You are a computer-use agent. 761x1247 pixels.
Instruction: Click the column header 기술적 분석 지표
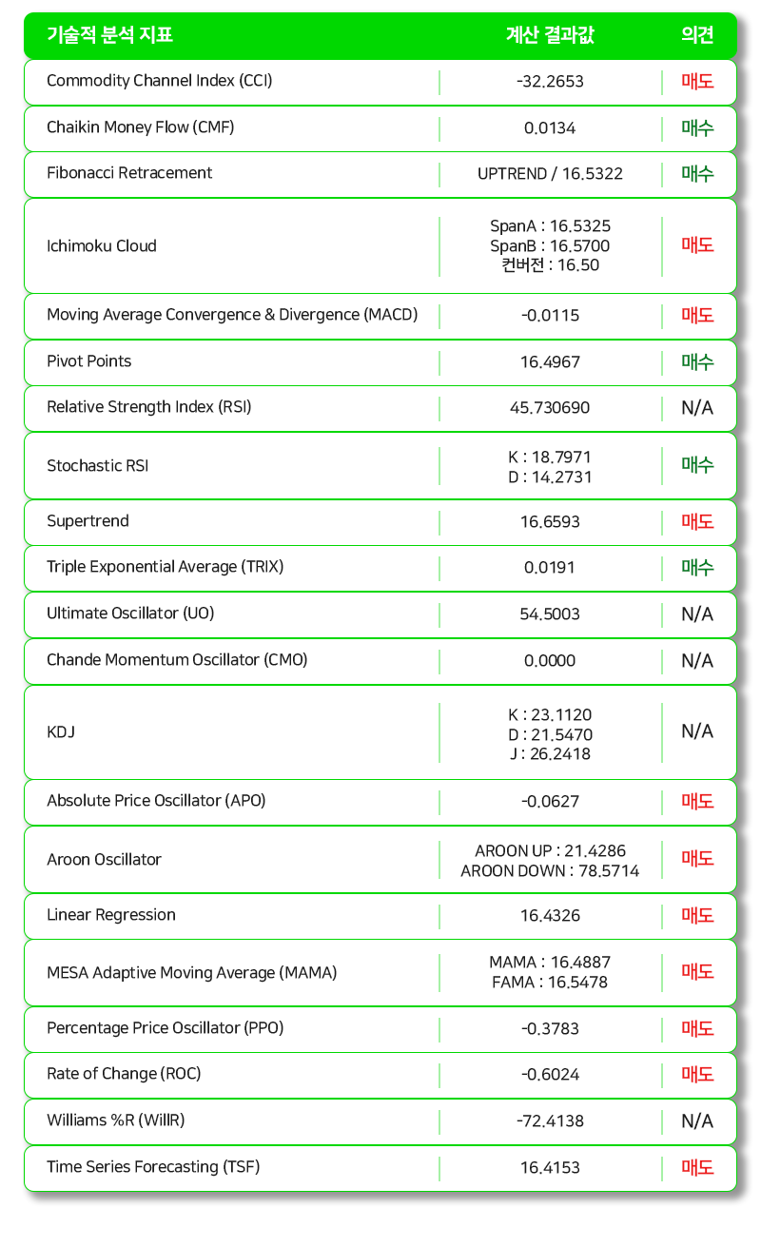[109, 36]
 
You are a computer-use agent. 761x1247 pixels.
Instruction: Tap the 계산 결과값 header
[550, 36]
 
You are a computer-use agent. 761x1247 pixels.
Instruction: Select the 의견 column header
[697, 36]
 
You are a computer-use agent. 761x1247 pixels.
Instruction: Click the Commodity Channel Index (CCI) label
[159, 81]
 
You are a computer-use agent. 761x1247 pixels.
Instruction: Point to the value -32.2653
[550, 82]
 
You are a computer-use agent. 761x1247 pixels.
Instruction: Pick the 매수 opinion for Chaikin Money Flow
[697, 128]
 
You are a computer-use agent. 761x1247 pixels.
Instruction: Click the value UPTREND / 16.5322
[550, 174]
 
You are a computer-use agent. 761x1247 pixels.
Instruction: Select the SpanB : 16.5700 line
[550, 246]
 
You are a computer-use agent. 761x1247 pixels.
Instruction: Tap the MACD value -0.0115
[550, 316]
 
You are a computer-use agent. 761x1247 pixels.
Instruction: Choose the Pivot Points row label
[89, 361]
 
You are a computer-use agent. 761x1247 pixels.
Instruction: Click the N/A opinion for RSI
[697, 408]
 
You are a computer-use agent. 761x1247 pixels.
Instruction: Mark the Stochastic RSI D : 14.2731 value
[550, 477]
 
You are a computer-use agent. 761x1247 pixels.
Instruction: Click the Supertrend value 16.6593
[550, 522]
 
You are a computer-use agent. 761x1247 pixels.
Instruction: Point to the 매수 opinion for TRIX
[697, 568]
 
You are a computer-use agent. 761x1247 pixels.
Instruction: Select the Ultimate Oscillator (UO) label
[130, 614]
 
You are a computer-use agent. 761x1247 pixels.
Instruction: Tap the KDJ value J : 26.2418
[550, 754]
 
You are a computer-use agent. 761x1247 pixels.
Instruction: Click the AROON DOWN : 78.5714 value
[550, 871]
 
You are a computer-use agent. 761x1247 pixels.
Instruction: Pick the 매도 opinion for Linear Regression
[697, 916]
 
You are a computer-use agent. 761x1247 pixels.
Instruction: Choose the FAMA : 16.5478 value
[550, 983]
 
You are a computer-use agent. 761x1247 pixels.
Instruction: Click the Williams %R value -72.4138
[550, 1121]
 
